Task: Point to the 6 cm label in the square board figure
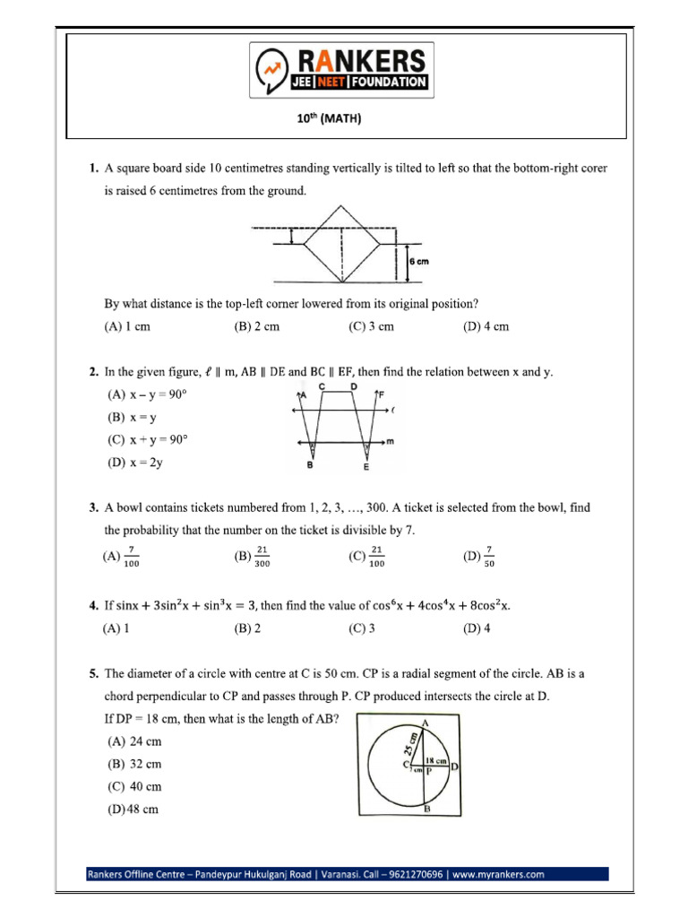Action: point(420,261)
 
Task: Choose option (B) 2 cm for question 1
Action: point(256,327)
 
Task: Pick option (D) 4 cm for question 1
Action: point(486,327)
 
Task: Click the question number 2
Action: point(92,371)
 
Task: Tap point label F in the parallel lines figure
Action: point(382,394)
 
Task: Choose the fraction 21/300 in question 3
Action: point(254,557)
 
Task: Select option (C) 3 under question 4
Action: point(362,628)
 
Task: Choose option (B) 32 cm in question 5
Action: point(134,765)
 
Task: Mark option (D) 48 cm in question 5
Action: point(133,810)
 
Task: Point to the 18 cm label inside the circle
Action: point(435,758)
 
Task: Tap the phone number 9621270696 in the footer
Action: point(412,874)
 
